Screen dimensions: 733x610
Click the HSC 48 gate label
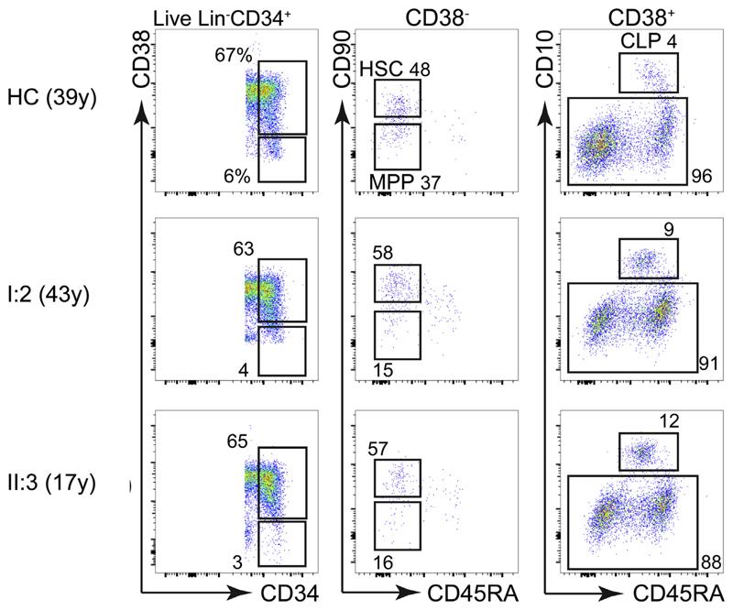point(395,70)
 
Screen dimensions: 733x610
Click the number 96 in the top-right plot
point(703,172)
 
